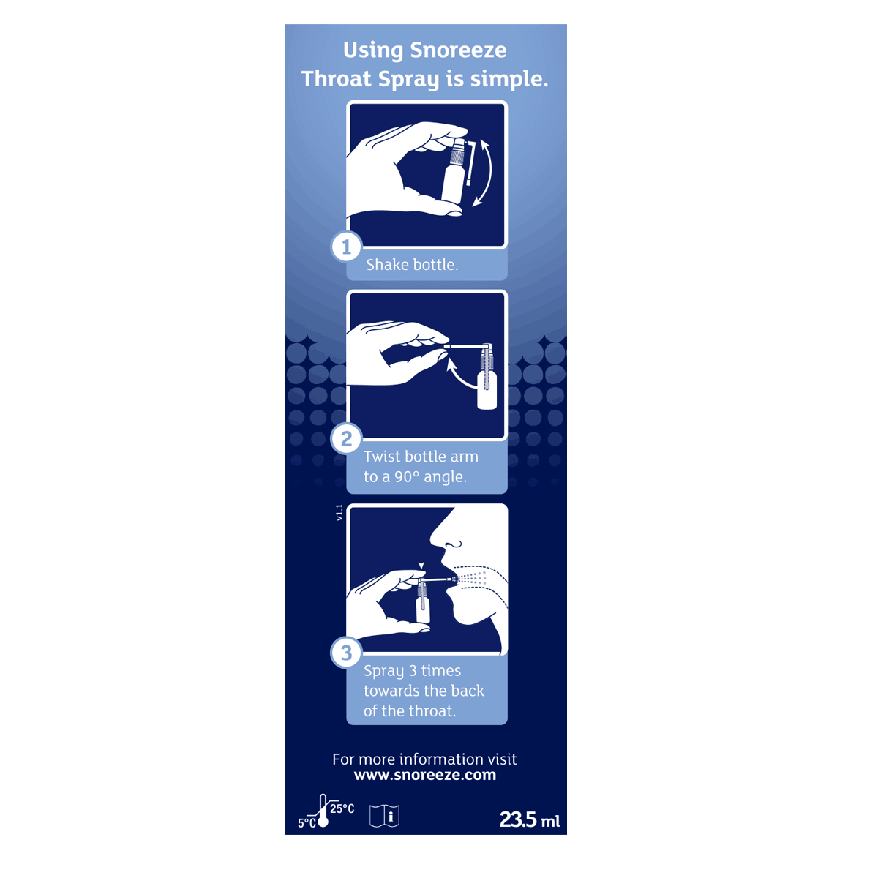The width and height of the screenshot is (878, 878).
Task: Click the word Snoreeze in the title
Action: tap(458, 50)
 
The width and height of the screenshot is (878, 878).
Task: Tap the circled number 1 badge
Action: tap(346, 247)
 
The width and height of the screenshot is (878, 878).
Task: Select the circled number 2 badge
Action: tap(346, 439)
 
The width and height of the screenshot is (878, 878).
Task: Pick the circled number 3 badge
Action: tap(346, 653)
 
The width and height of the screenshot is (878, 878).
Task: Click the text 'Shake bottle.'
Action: tap(412, 265)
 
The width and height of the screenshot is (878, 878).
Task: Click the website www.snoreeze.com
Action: tap(424, 776)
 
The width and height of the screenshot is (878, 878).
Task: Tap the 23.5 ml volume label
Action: tap(529, 819)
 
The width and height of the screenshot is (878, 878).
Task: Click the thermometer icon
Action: tap(323, 811)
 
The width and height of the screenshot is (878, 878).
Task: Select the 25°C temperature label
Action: tap(342, 808)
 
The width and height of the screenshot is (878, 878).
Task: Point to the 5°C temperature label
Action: tap(306, 823)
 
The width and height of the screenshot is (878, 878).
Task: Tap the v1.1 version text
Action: tap(339, 512)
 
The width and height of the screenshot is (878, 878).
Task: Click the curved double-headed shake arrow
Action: tap(484, 173)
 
